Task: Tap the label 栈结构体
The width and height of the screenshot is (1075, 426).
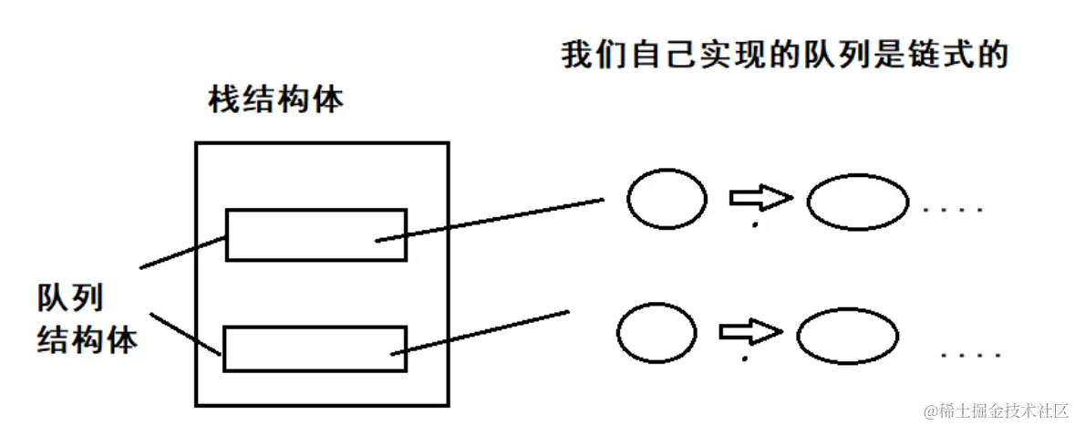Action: [276, 99]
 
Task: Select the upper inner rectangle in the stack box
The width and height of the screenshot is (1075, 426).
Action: [316, 234]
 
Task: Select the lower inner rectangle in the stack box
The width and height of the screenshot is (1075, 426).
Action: [315, 348]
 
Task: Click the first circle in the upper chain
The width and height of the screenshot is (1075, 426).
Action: [667, 199]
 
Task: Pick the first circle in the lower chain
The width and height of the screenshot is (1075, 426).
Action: [656, 331]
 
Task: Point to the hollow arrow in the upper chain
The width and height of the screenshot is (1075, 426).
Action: [759, 197]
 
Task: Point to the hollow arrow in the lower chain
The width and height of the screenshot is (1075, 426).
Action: [749, 330]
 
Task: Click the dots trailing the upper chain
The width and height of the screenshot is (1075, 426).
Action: [954, 211]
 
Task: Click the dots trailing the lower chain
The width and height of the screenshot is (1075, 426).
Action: [972, 353]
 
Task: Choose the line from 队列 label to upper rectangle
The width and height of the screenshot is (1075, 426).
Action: [182, 253]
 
